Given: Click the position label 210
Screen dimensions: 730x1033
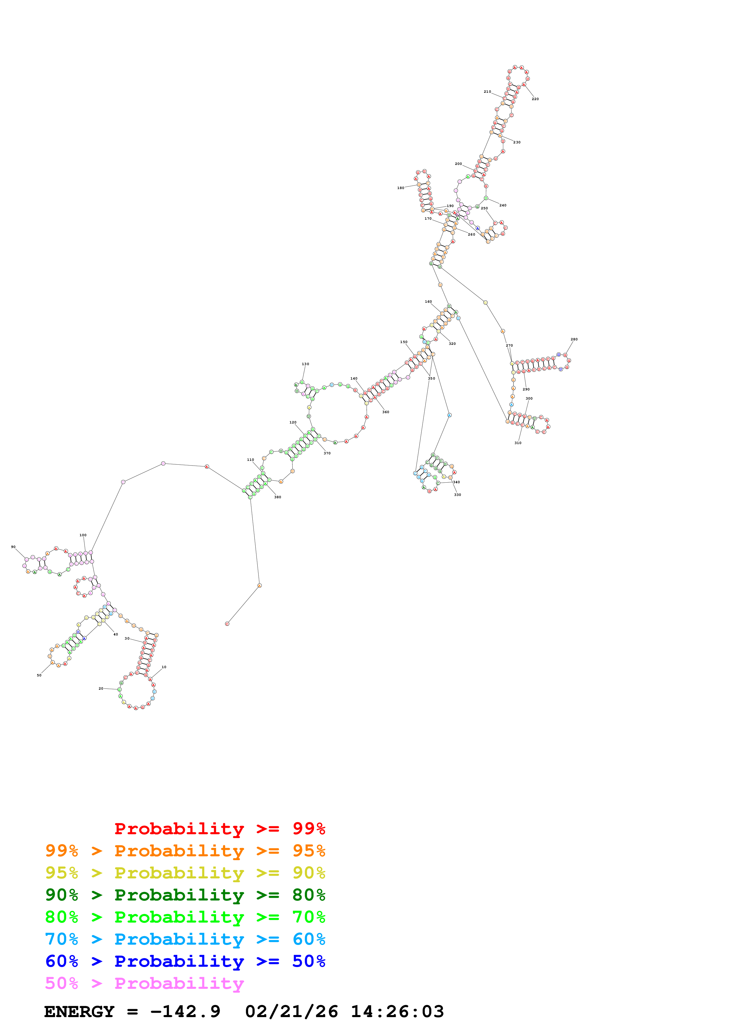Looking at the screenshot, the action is tap(487, 92).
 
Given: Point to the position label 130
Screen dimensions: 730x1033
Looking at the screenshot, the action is tap(305, 364).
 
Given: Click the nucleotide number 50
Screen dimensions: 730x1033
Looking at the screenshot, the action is tap(39, 675).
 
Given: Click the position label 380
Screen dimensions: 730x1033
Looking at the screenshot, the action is tap(277, 497).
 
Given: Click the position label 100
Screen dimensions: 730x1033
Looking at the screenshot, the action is tap(83, 535).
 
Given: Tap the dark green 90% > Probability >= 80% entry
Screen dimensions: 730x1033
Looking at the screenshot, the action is tap(185, 895).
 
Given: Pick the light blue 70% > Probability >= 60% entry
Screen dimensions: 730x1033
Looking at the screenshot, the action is tap(185, 939).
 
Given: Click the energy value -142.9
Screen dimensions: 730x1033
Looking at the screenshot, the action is tap(185, 1012).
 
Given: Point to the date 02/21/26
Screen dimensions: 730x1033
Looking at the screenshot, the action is tap(292, 1012).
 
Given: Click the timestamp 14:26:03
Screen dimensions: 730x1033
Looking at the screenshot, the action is tap(397, 1012).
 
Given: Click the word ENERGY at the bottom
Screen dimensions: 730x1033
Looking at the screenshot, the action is tap(79, 1012).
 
